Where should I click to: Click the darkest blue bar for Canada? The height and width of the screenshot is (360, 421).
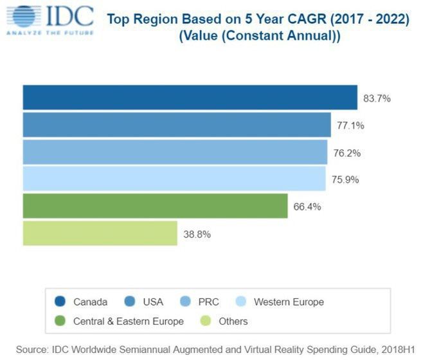[x=190, y=98]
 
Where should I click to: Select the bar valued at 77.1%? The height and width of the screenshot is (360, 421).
[x=177, y=125]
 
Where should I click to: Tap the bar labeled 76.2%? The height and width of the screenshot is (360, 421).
[x=175, y=152]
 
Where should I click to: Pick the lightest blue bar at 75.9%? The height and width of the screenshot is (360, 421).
[x=174, y=179]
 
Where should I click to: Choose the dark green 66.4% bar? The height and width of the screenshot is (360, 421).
[x=155, y=206]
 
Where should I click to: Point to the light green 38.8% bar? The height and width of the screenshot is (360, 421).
[x=100, y=233]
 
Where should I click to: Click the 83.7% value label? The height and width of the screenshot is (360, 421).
[x=377, y=98]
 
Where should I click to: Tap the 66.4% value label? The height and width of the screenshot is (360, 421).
[x=307, y=207]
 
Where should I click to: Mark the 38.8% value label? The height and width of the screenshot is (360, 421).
[x=197, y=234]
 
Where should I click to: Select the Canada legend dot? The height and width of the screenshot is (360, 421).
[x=60, y=301]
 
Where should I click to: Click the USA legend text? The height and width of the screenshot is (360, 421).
[x=153, y=301]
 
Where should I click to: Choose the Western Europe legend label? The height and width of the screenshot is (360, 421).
[x=289, y=301]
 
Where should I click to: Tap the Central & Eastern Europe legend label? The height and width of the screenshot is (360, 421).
[x=128, y=321]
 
